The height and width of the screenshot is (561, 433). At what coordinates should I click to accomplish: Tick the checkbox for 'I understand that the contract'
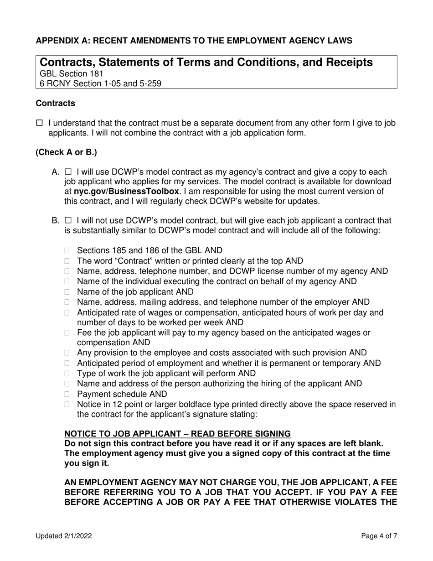coord(39,123)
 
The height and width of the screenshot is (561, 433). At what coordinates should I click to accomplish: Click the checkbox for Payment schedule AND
coord(68,394)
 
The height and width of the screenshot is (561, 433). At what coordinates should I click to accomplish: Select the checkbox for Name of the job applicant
coord(68,292)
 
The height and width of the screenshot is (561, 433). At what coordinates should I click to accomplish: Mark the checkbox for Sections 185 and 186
coord(68,250)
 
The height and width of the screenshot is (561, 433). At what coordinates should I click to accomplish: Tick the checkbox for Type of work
coord(68,374)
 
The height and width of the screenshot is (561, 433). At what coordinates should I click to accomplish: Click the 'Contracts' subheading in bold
coord(56,104)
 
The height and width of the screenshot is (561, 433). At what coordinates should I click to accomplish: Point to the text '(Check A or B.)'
coord(66,152)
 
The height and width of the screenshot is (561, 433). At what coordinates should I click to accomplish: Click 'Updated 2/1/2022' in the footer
coord(64,536)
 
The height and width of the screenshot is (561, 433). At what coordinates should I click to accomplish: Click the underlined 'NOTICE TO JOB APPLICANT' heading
coord(177,433)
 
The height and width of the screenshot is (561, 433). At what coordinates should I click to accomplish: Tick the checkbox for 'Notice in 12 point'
coord(68,405)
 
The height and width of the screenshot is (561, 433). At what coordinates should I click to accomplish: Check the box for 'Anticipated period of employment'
coord(68,364)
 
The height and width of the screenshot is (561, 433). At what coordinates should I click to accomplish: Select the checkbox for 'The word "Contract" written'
coord(68,261)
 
